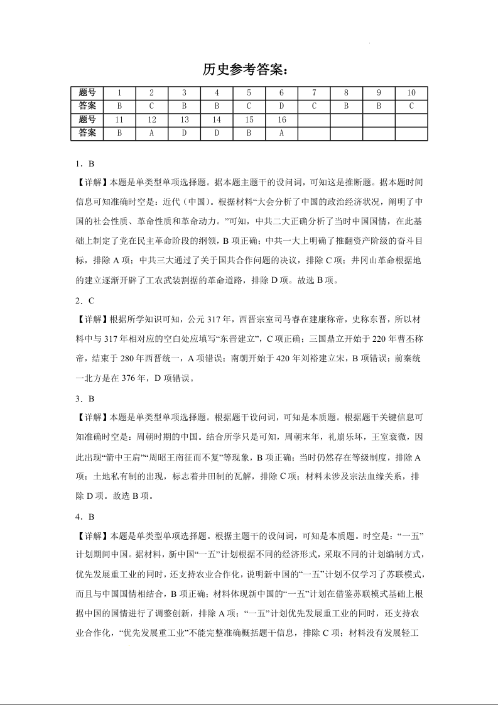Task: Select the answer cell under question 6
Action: [x=281, y=106]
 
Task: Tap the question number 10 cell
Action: [x=411, y=92]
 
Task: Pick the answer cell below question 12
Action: [x=151, y=133]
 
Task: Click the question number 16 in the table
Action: [x=281, y=119]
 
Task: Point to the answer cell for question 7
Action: [x=314, y=106]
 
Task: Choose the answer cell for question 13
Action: [x=184, y=133]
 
